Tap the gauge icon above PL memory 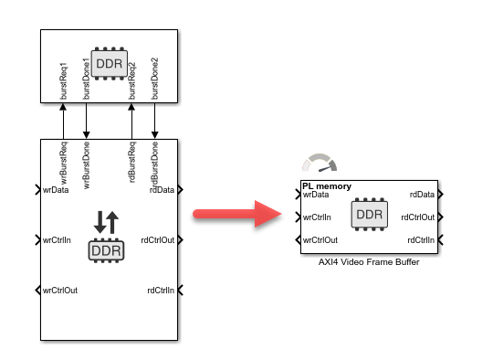pos(320,165)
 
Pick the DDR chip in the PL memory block pos(369,216)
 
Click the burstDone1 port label pos(86,80)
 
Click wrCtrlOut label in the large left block pos(60,291)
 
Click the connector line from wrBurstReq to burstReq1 pos(63,121)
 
